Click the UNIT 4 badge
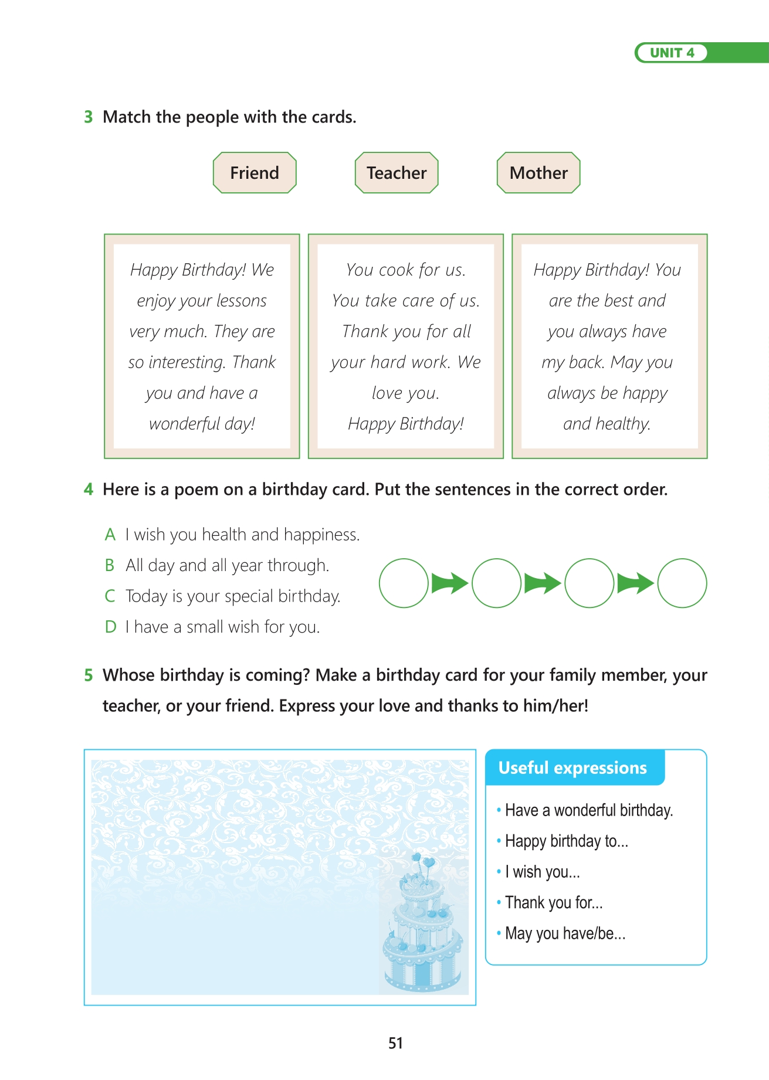click(x=672, y=53)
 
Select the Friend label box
click(x=255, y=173)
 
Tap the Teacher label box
click(x=397, y=173)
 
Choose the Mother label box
click(x=538, y=173)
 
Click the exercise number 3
click(x=89, y=117)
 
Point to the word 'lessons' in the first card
click(x=242, y=301)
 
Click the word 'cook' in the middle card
click(x=397, y=270)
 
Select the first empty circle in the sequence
click(x=404, y=583)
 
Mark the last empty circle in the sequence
click(x=682, y=583)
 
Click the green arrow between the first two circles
click(x=450, y=583)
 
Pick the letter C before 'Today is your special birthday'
click(x=110, y=596)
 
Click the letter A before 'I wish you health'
click(x=110, y=535)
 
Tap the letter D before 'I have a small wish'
click(x=110, y=627)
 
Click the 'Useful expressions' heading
click(x=572, y=768)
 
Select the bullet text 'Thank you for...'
click(x=554, y=903)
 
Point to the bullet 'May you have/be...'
click(x=565, y=933)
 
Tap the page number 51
click(x=395, y=1043)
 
